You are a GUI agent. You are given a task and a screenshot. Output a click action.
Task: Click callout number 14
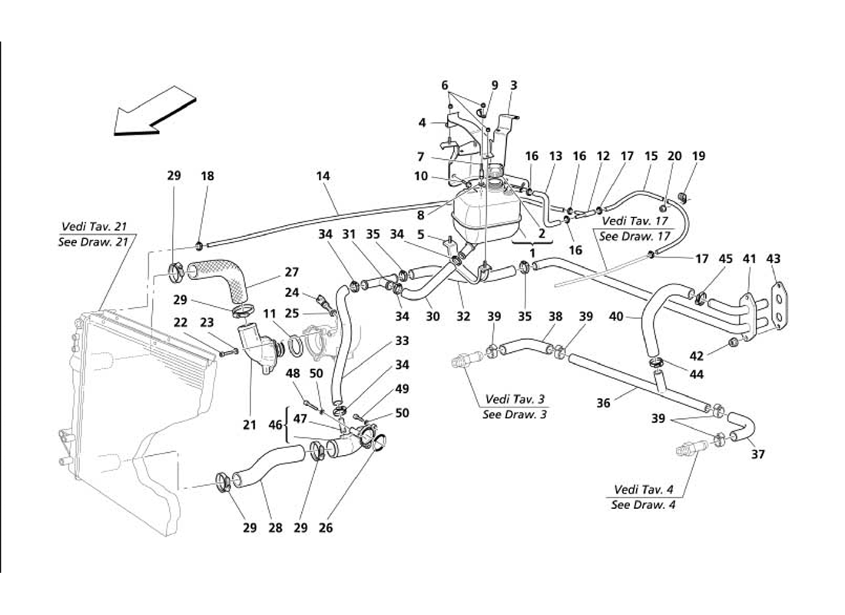(x=323, y=176)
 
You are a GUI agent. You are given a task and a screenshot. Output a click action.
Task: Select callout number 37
(x=759, y=454)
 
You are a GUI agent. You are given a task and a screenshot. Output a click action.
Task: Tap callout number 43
(x=774, y=259)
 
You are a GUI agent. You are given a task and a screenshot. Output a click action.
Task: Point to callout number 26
(x=327, y=528)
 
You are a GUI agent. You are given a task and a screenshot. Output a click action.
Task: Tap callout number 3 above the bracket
(x=514, y=85)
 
